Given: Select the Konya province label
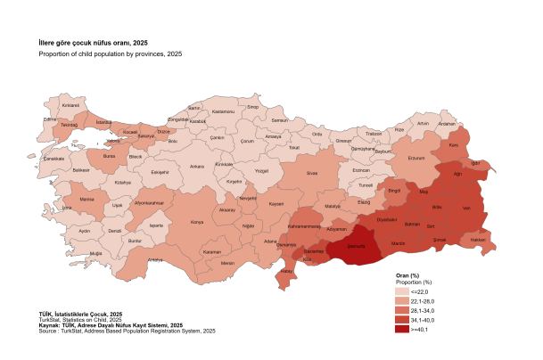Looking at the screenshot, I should (197, 222).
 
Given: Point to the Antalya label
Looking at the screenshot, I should (155, 259).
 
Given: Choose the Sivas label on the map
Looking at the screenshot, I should (312, 174).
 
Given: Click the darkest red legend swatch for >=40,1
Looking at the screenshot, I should (402, 329).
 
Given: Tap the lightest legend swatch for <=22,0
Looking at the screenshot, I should (402, 290).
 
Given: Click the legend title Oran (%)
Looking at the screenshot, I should (407, 275).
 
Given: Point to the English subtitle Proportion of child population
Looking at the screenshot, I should (110, 54).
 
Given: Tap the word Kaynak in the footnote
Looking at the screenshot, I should (51, 325).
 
